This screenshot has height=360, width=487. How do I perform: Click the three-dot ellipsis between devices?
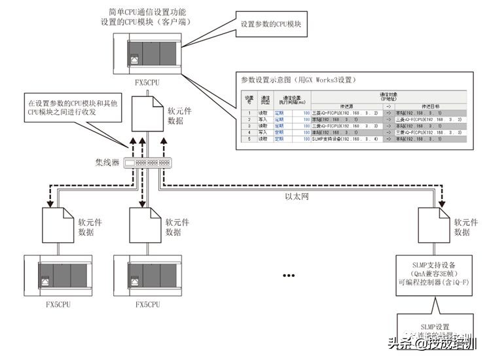pos(289,276)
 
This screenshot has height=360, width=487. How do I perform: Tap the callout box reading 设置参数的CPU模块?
pos(270,24)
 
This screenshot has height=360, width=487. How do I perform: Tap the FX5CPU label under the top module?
pos(146,83)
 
